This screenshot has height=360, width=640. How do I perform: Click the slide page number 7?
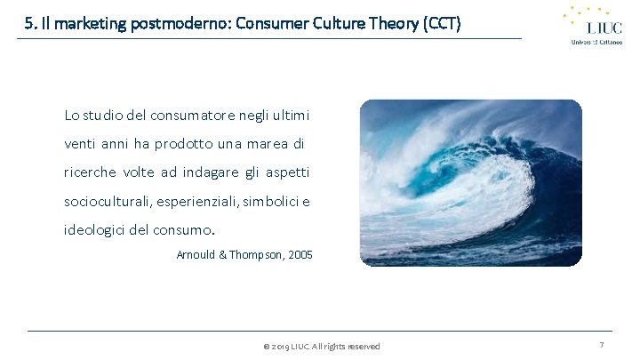coord(602,345)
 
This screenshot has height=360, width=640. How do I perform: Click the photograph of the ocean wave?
coord(470,182)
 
